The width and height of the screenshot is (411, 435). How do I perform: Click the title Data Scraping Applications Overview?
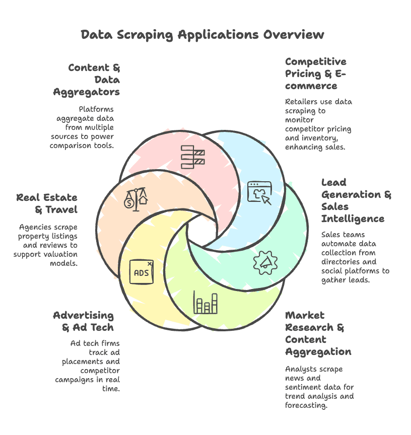point(202,35)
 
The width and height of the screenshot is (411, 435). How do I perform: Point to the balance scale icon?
point(135,199)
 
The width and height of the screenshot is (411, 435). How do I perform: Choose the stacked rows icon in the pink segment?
point(192,156)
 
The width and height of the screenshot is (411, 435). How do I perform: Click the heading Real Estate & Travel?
point(46,203)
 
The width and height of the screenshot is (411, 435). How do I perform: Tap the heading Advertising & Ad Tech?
point(84,321)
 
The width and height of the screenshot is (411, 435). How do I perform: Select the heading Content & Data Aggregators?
point(87,80)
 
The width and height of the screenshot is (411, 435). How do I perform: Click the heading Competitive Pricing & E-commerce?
point(316,74)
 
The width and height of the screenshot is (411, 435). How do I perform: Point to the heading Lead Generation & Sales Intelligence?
point(356,200)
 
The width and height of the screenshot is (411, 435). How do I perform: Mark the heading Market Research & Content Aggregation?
point(318,333)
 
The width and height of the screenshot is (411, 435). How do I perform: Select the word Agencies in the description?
point(35,227)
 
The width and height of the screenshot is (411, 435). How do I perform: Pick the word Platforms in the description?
point(96,109)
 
